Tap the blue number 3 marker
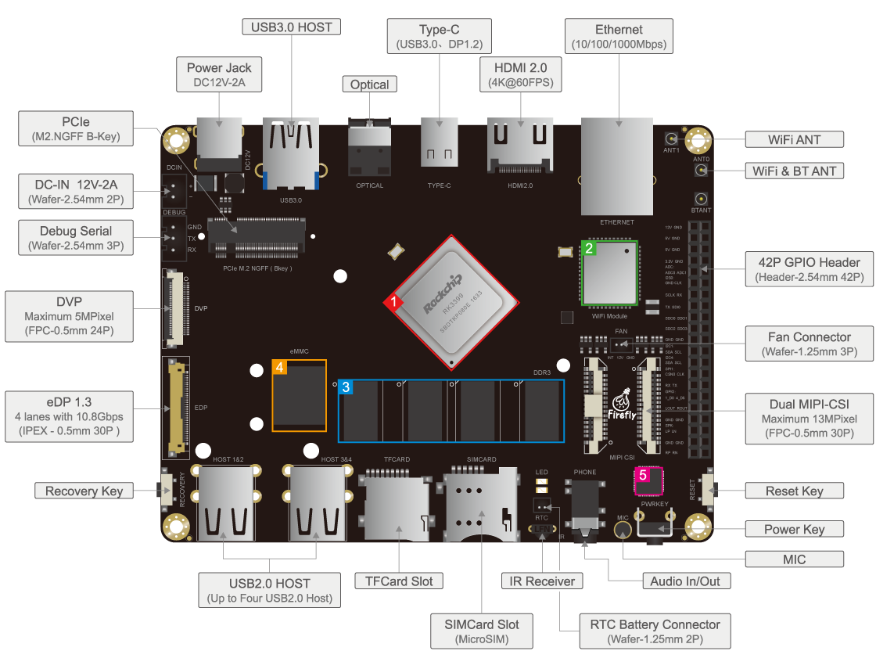tap(346, 387)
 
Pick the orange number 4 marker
tap(279, 367)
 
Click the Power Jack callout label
tap(219, 75)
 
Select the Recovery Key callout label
tap(84, 491)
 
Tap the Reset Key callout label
tap(794, 491)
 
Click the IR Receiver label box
tap(542, 581)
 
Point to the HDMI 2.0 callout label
tap(521, 75)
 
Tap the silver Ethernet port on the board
tap(617, 166)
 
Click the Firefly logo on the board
tap(622, 404)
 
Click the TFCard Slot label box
tap(399, 581)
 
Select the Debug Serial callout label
tap(76, 238)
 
